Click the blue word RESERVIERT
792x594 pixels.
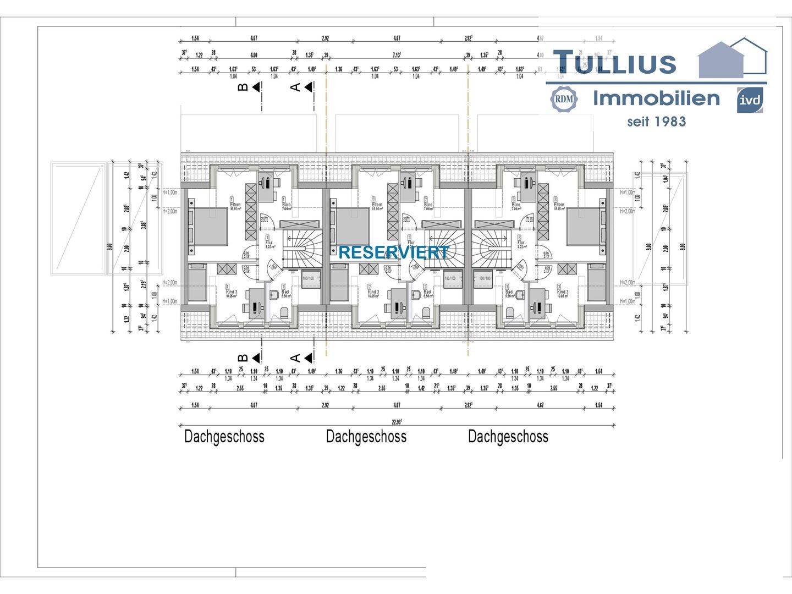(393, 252)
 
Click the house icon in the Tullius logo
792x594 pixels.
(732, 58)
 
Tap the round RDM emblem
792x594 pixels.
(563, 99)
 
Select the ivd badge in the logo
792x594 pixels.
(750, 100)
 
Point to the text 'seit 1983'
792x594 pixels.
(656, 122)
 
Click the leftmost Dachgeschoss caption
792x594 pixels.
(224, 437)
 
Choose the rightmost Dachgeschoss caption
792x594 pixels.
(508, 437)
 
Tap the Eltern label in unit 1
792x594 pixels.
(235, 205)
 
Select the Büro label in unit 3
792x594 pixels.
(516, 205)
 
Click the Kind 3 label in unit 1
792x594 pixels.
(231, 292)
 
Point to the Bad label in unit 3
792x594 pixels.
(509, 292)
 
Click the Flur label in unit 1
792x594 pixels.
(269, 242)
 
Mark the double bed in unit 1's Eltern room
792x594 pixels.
(209, 226)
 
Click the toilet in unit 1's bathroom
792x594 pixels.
(284, 312)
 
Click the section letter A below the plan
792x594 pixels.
(295, 358)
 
